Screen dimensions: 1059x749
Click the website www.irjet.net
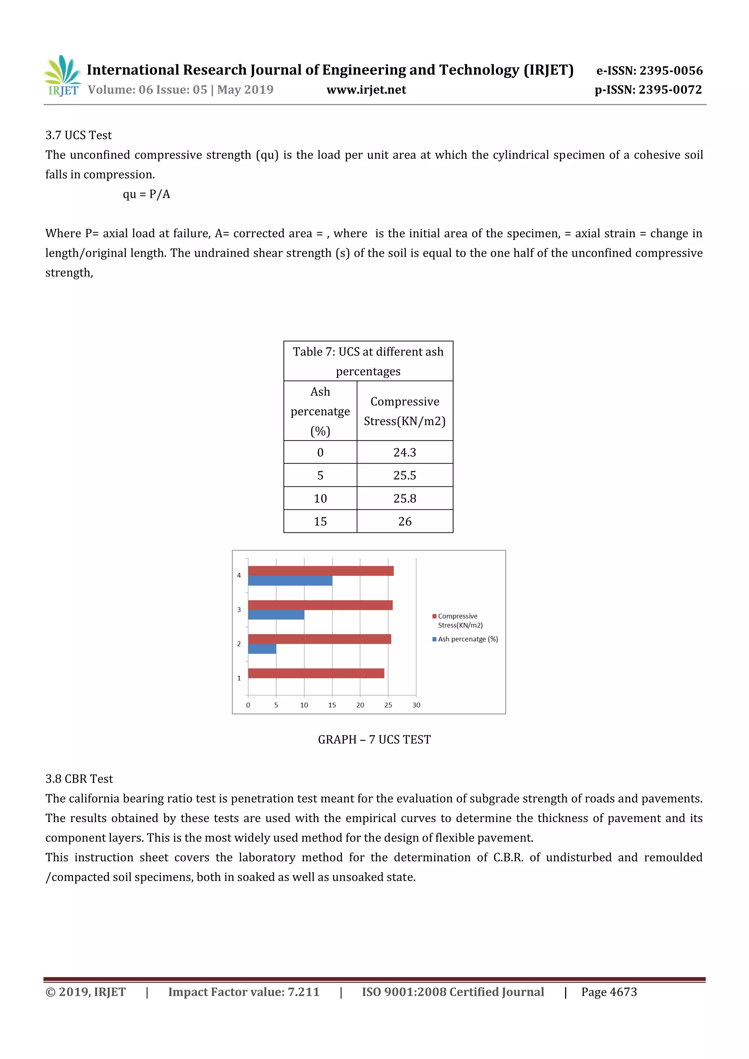(x=366, y=90)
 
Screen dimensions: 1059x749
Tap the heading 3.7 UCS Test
(x=78, y=135)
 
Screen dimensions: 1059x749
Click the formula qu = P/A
(x=146, y=194)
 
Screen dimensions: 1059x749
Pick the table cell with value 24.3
(x=404, y=452)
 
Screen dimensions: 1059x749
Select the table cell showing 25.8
(x=404, y=498)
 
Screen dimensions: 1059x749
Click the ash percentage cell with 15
(x=320, y=522)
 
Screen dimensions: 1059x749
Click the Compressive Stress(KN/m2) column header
(x=404, y=411)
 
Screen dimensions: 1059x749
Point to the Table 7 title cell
(x=368, y=361)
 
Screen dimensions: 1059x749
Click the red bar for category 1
(x=316, y=674)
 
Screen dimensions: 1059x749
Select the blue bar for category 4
(x=290, y=581)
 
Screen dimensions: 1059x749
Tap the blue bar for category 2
(x=262, y=649)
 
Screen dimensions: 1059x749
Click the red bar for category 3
(x=320, y=605)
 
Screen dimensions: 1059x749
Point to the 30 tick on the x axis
(x=416, y=705)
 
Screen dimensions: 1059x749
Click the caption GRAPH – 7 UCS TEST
(x=374, y=740)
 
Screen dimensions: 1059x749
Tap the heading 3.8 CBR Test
(x=79, y=779)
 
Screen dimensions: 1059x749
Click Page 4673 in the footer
(x=609, y=992)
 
